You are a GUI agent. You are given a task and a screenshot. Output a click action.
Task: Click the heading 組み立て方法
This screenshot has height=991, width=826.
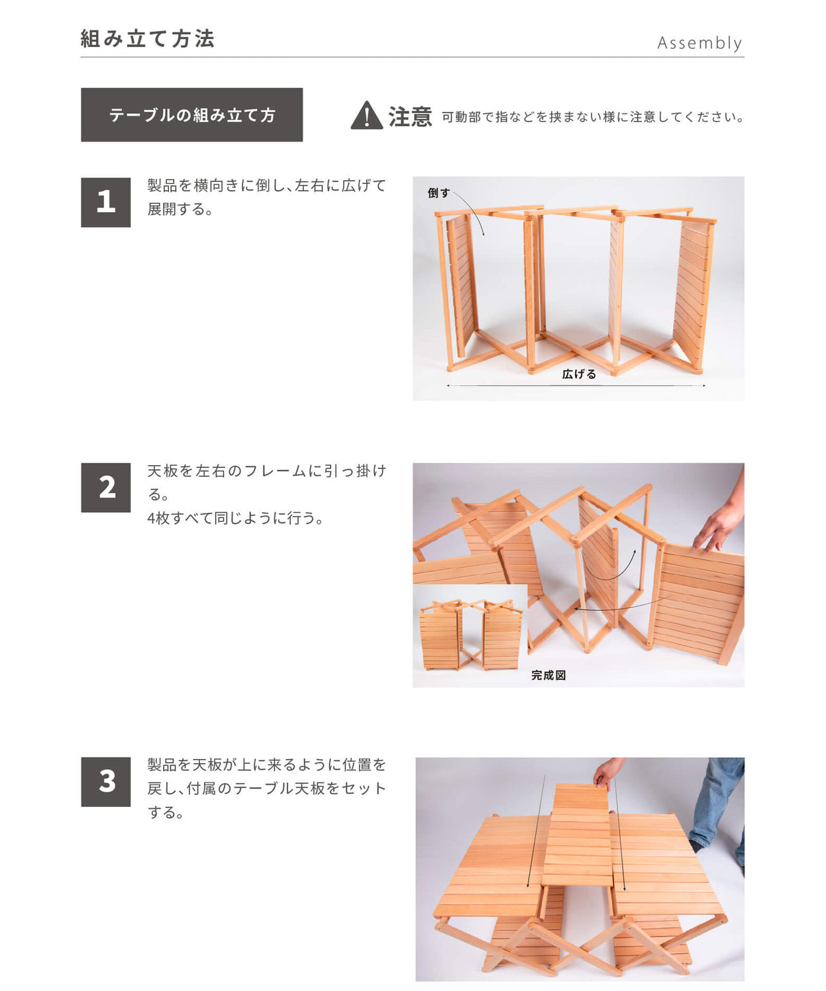coord(148,39)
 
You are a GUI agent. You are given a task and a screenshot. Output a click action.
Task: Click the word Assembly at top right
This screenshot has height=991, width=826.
coord(699,43)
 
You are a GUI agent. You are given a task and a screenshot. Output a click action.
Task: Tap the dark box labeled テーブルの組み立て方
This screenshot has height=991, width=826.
coord(191,115)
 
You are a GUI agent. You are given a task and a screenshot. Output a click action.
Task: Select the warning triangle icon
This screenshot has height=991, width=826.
coord(366,116)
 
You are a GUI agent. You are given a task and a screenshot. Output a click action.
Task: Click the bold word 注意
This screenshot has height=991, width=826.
coord(410,117)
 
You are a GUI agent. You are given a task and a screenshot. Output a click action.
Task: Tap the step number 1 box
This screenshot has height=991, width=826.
coord(105,202)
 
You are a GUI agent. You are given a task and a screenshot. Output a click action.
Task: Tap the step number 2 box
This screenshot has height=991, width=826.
coord(105,488)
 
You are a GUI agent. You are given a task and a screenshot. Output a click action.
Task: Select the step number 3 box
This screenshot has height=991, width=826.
coord(105,782)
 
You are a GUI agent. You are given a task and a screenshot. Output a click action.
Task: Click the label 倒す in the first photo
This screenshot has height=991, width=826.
coord(438,193)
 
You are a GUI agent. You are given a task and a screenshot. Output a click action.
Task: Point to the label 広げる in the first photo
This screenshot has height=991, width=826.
coord(579,374)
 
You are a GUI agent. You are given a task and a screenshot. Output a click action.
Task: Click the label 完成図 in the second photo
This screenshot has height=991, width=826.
coord(548,675)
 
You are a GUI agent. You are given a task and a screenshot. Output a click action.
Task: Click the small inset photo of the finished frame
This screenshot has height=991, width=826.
coord(470,635)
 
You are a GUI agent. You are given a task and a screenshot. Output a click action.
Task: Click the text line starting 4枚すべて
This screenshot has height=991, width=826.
coord(235,518)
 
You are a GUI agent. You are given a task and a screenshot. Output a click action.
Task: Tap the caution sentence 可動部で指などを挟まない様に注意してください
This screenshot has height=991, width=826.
coord(592,117)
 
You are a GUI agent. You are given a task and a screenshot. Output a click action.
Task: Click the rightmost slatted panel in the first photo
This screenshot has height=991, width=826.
coord(693,291)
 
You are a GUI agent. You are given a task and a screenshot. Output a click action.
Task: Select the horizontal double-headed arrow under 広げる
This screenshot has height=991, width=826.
coord(576,385)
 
